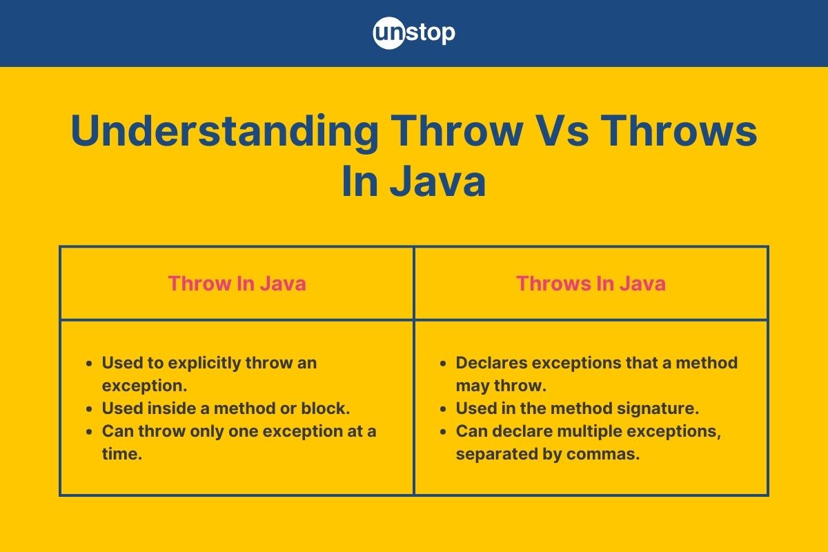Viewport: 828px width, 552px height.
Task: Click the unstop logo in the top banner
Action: (x=414, y=33)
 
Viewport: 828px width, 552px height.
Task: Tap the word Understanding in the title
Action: (x=224, y=131)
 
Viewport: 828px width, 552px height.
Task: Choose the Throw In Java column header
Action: (x=237, y=284)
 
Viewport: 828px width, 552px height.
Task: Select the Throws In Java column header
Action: (x=591, y=284)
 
